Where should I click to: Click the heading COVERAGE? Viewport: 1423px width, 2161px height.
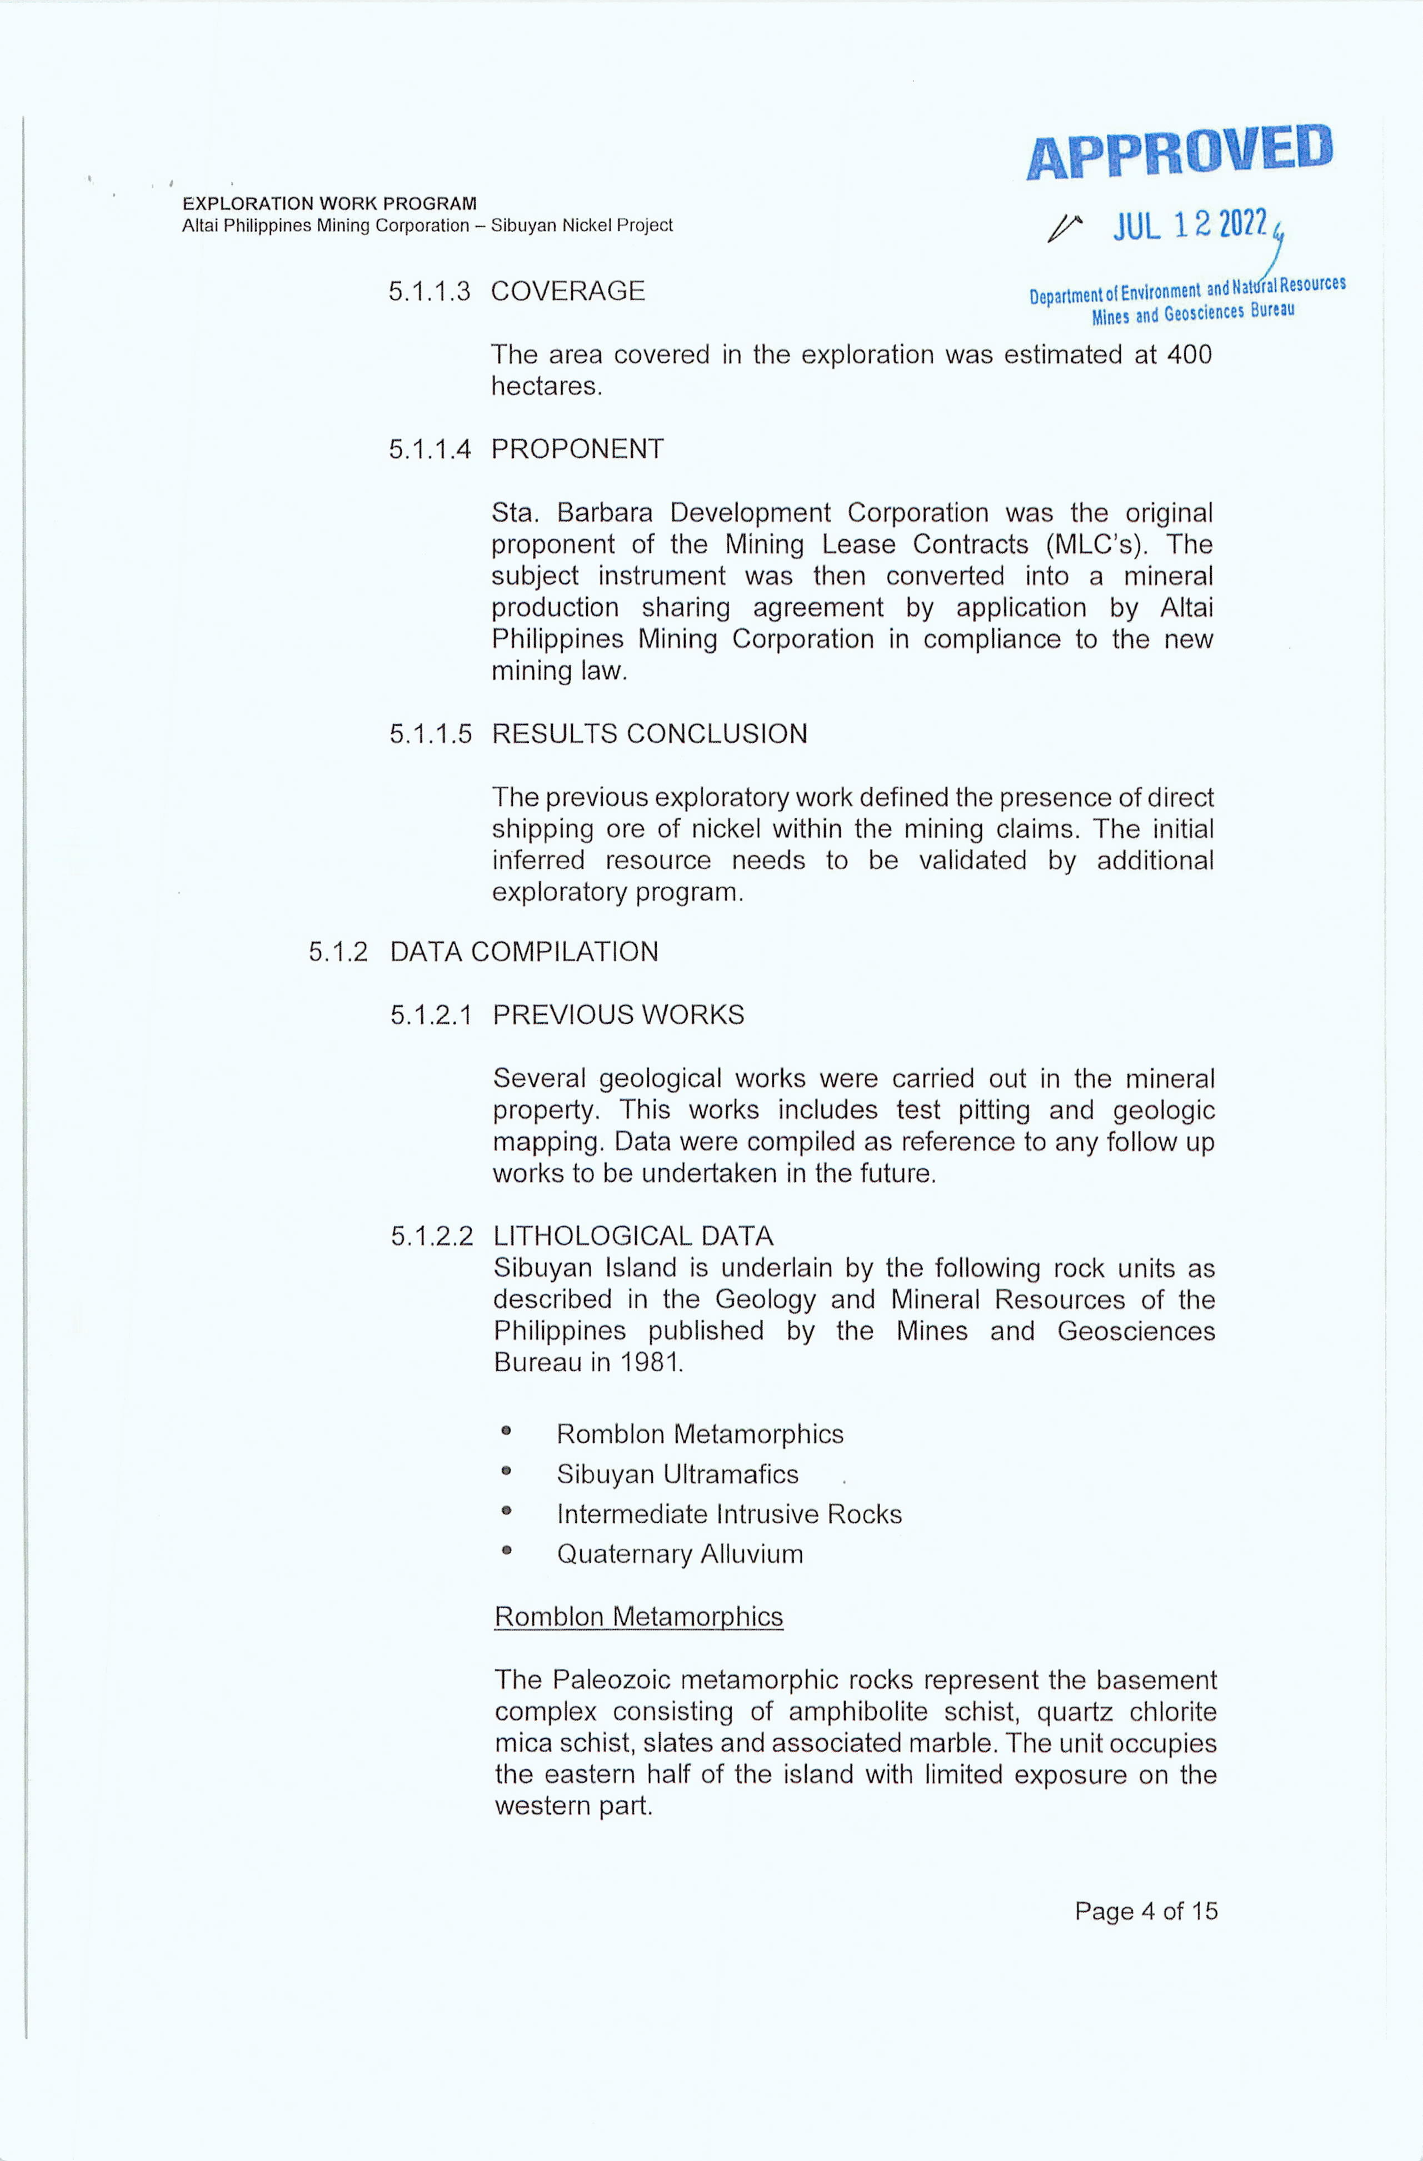pos(567,292)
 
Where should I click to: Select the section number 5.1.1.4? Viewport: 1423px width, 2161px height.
pos(430,449)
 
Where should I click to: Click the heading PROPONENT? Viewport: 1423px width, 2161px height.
pos(577,449)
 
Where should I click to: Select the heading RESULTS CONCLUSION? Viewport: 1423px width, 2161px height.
pos(650,734)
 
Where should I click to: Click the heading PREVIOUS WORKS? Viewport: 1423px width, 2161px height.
pos(618,1015)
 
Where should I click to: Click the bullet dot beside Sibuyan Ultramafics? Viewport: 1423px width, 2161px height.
pos(507,1473)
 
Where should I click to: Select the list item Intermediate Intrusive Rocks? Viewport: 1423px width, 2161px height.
pos(729,1514)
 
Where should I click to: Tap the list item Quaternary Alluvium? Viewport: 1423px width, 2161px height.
pos(680,1554)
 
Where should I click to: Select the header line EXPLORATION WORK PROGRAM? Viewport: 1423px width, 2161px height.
pos(329,203)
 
